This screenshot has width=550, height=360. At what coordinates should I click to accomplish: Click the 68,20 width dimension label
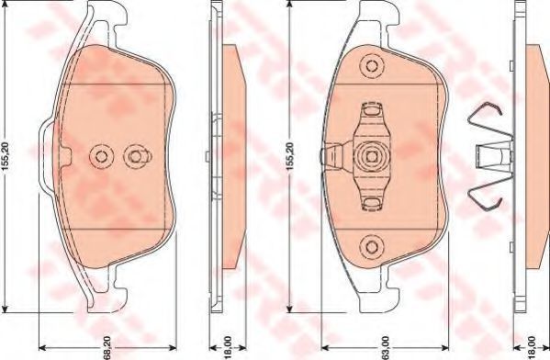pos(107,348)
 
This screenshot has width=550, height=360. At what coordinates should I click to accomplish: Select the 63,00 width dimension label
pos(386,348)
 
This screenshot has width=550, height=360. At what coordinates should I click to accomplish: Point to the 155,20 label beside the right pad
pos(290,157)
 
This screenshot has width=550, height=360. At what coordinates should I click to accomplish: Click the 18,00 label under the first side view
pos(228,348)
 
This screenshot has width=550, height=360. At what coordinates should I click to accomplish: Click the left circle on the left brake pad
pos(101,156)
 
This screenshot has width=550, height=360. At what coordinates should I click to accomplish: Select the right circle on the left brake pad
pos(135,156)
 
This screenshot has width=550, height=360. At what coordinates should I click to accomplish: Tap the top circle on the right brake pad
pos(372,66)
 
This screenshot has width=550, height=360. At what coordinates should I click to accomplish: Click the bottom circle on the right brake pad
pos(372,247)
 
